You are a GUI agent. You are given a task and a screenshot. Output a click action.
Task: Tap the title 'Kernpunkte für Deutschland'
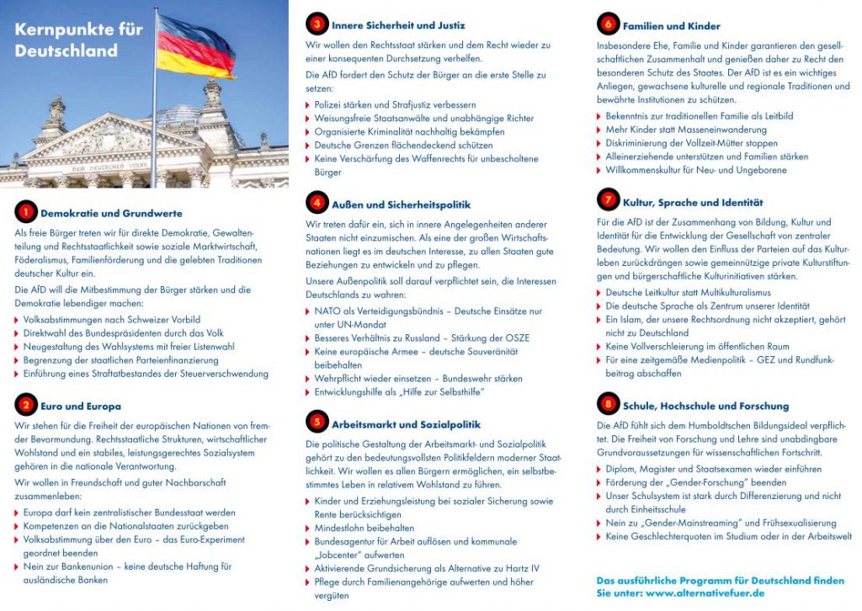pos(78,40)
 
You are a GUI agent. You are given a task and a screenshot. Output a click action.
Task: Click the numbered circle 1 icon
pos(26,212)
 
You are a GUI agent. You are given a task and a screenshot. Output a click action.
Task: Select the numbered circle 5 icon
pos(317,423)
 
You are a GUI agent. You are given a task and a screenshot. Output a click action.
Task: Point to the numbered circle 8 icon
pos(607,405)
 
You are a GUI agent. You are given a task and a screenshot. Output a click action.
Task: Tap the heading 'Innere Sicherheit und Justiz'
pos(398,25)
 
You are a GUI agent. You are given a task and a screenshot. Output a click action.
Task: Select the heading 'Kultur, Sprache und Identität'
pos(693,202)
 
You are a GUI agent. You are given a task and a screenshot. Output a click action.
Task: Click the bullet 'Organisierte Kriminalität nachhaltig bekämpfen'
pos(409,132)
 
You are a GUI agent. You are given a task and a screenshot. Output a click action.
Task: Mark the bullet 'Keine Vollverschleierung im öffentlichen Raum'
pos(697,346)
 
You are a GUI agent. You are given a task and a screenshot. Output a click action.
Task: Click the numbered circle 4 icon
pos(317,204)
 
